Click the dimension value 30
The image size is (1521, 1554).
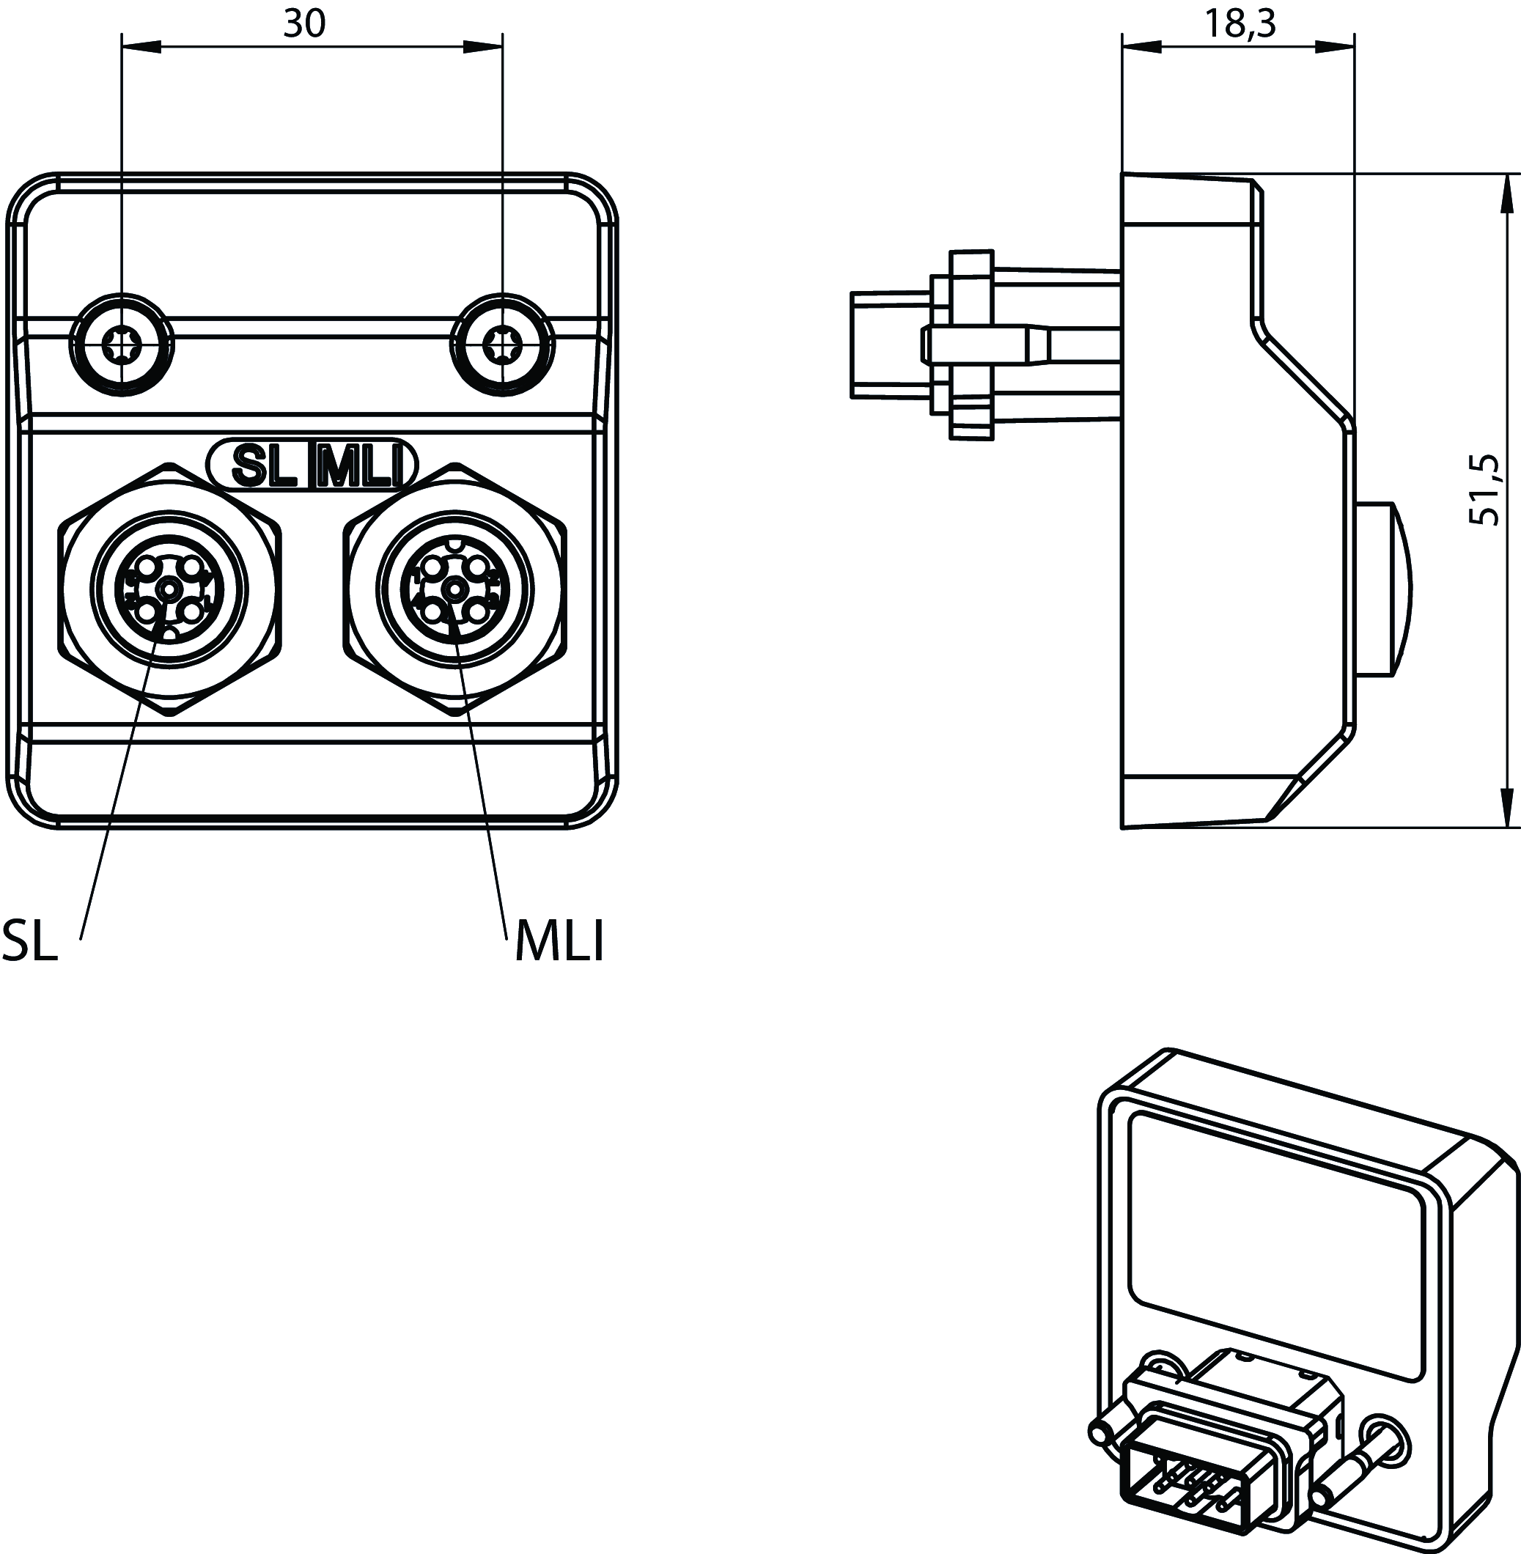coord(304,24)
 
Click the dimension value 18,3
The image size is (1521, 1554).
coord(1239,23)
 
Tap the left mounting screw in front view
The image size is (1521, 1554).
coord(122,345)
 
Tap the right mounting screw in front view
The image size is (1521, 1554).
coord(502,345)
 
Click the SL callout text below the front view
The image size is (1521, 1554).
coord(30,940)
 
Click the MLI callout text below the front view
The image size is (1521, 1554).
coord(559,940)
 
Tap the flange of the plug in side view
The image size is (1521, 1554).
coord(971,345)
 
